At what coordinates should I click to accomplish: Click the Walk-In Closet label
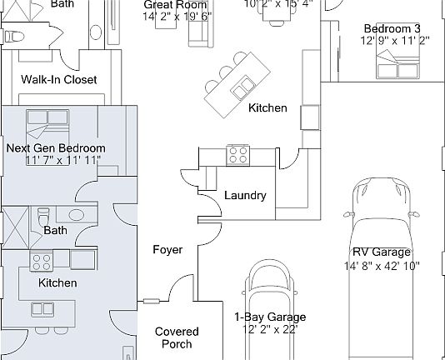(58, 80)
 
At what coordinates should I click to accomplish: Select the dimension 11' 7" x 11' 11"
(62, 160)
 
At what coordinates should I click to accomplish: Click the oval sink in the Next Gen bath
(76, 215)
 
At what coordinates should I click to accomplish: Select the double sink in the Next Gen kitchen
(42, 309)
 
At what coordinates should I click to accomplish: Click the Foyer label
(167, 250)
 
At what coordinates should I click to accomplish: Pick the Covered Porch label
(177, 337)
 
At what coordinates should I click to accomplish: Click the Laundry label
(245, 196)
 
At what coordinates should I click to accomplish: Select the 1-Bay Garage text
(269, 317)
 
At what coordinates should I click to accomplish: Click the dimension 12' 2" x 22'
(269, 329)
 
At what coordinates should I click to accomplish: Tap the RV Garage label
(382, 252)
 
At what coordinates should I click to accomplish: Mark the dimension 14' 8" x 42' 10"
(382, 266)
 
